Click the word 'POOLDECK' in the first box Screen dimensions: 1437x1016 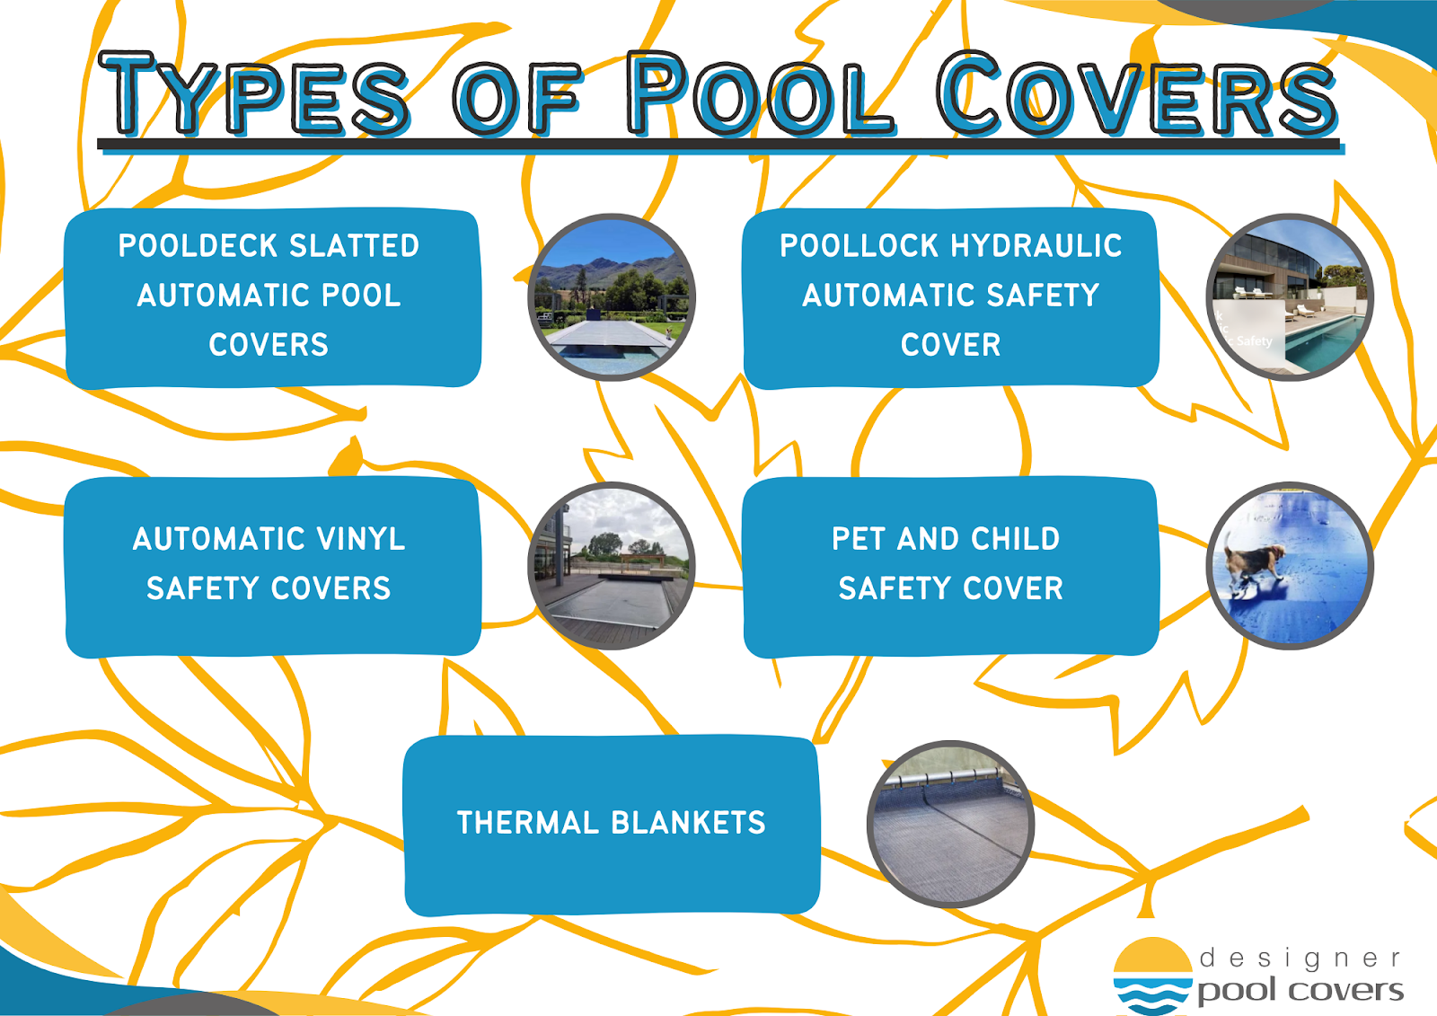198,246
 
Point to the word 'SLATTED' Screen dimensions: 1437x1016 355,246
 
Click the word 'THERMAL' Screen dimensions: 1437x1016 528,823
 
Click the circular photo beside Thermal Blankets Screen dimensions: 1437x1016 950,824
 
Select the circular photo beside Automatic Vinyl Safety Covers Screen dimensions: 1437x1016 612,565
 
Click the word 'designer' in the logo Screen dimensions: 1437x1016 1300,959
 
